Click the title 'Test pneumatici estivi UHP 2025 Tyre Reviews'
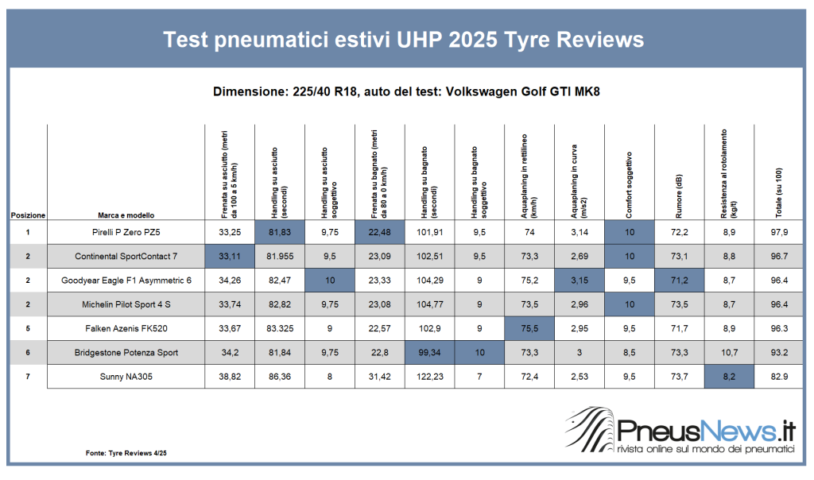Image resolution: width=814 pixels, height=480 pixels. click(403, 40)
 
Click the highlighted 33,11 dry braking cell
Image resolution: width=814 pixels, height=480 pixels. click(230, 256)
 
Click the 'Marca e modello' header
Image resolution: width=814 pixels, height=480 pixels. click(126, 215)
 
